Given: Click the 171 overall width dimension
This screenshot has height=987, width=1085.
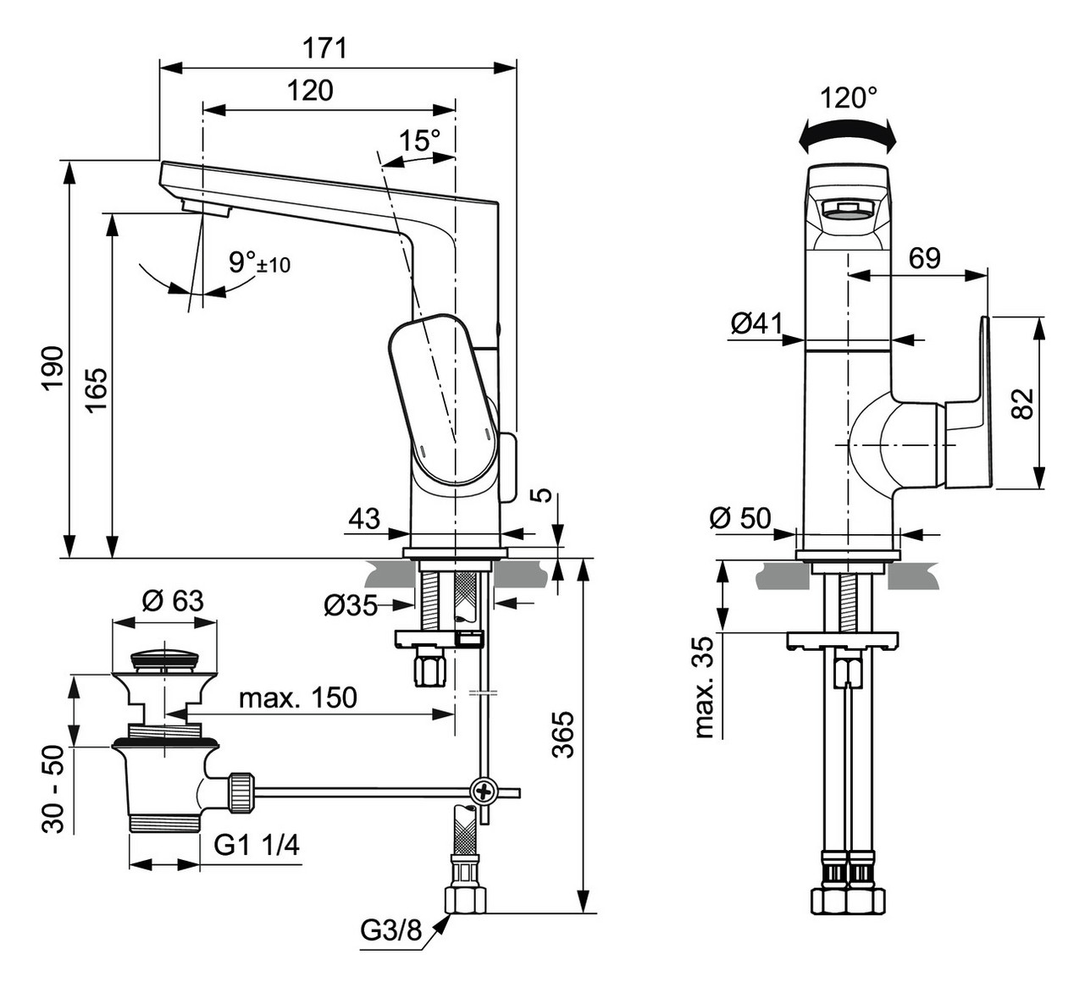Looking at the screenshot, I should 325,47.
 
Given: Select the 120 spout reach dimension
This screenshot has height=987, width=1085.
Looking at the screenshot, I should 309,90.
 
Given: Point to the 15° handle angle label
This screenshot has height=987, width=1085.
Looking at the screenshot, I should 420,140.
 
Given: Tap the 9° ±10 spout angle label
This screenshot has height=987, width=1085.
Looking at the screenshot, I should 259,262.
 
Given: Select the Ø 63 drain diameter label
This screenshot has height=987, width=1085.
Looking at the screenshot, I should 173,600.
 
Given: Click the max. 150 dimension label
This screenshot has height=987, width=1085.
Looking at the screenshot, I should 297,698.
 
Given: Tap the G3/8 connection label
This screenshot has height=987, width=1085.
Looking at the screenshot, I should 390,930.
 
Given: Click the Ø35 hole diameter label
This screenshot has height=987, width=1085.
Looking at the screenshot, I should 350,605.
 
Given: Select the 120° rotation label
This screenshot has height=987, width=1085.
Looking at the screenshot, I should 849,98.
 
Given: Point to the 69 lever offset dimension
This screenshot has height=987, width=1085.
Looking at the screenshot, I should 924,257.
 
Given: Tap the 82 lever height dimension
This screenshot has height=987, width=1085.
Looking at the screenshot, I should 1023,403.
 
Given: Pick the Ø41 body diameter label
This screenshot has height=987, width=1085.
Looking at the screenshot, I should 756,323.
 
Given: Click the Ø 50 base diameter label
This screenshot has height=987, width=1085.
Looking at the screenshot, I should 741,517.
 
